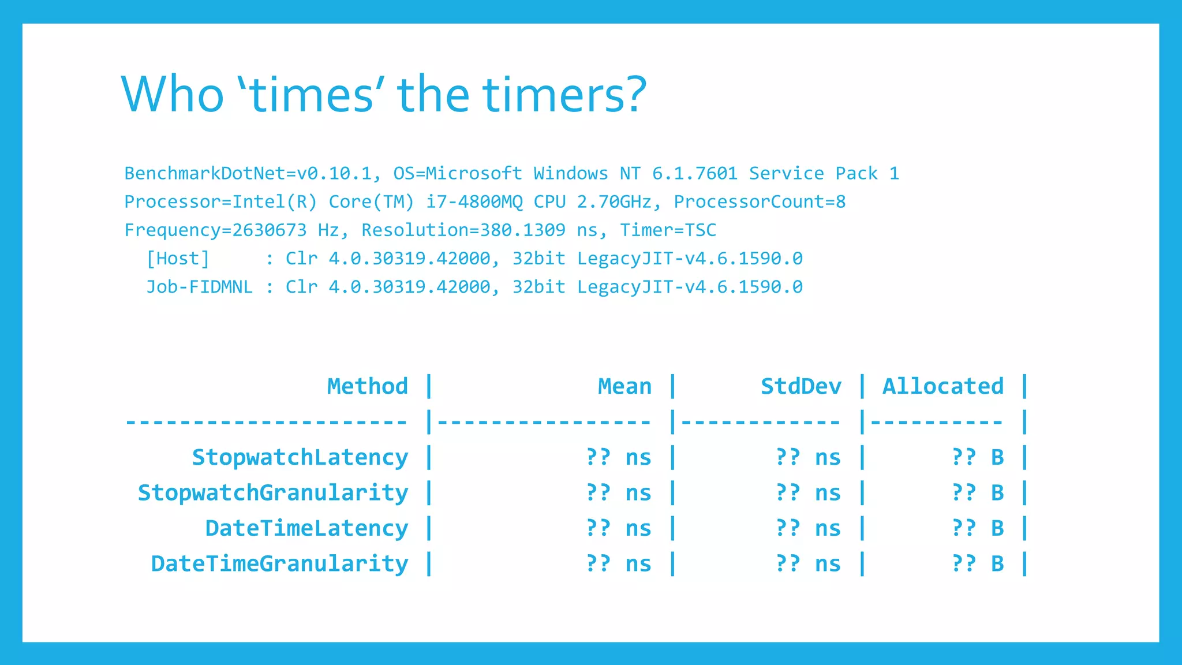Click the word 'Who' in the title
pos(172,95)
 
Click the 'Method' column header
pos(367,386)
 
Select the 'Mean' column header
pos(624,386)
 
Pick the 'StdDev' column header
pos(801,386)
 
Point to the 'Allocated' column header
pos(943,386)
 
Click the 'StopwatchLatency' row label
pos(300,457)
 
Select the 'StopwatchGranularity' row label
pos(272,493)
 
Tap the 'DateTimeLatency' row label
pos(306,528)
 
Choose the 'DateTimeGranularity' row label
pos(279,564)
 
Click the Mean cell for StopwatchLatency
pos(618,457)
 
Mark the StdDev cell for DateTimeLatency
pos(808,528)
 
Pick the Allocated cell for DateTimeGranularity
pos(978,564)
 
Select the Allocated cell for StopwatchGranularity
pos(978,493)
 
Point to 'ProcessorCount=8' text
pos(760,201)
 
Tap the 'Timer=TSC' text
pos(668,230)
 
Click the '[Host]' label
pos(178,258)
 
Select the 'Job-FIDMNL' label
pos(199,286)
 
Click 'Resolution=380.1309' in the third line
pos(463,230)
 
